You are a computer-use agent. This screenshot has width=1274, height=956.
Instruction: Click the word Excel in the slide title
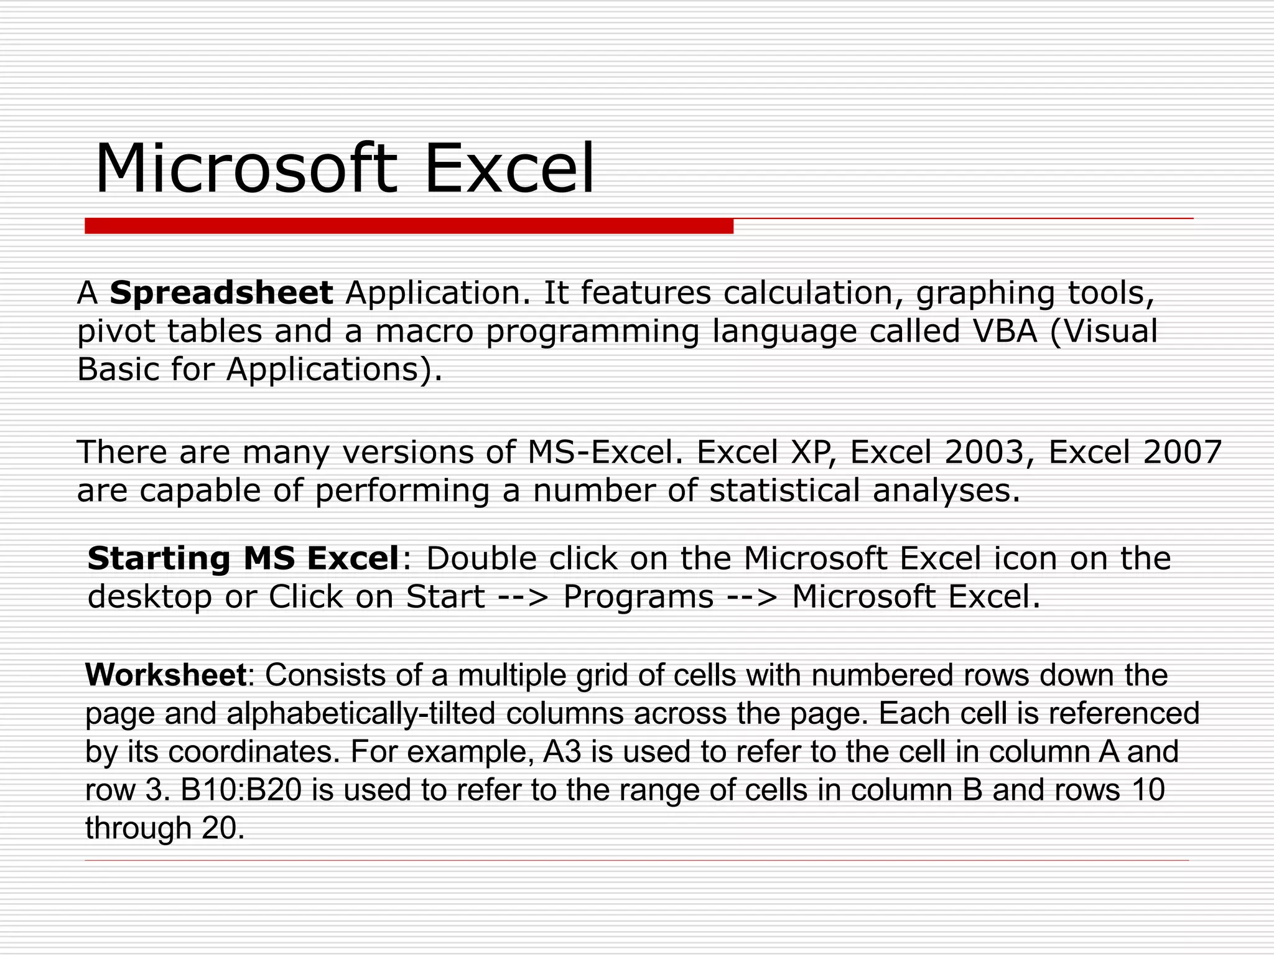pyautogui.click(x=509, y=169)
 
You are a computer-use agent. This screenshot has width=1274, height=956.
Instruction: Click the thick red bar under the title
pyautogui.click(x=409, y=226)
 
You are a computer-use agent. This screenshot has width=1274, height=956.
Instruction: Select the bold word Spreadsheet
pyautogui.click(x=221, y=293)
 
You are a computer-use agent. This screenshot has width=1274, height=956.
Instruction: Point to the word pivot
pyautogui.click(x=116, y=332)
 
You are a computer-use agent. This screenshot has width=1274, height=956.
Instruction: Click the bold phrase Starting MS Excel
pyautogui.click(x=243, y=558)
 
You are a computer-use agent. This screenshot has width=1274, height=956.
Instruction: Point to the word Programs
pyautogui.click(x=638, y=596)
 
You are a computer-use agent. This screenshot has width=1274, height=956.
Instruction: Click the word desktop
pyautogui.click(x=150, y=596)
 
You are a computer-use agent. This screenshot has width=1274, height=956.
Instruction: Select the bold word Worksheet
pyautogui.click(x=166, y=675)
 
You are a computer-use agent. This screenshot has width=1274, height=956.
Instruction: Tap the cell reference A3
pyautogui.click(x=562, y=752)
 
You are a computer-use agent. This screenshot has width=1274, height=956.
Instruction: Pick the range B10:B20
pyautogui.click(x=241, y=790)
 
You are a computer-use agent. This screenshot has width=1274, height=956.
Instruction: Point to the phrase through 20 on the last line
pyautogui.click(x=165, y=828)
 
